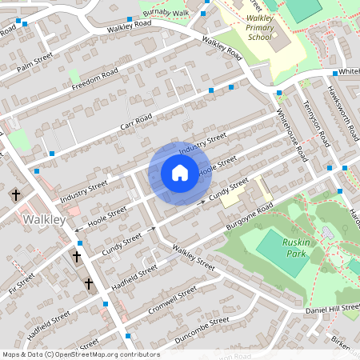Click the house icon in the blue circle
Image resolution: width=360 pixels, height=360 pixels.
(x=179, y=173)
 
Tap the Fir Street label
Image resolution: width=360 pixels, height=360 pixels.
(x=22, y=282)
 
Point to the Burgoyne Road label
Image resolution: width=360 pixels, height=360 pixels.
(x=251, y=214)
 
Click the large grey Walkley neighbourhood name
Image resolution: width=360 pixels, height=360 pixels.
(x=44, y=218)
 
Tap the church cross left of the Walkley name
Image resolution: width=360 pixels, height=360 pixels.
(x=14, y=194)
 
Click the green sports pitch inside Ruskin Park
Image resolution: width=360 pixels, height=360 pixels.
(x=282, y=254)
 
